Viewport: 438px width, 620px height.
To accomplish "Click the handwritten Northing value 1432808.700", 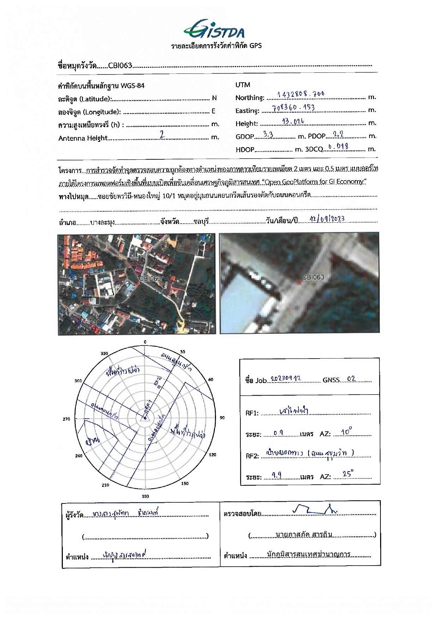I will (301, 94).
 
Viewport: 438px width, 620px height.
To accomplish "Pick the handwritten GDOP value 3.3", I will (269, 135).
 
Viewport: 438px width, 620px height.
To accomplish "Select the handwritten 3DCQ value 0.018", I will (338, 147).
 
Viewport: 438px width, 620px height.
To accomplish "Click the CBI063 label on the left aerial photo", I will (150, 278).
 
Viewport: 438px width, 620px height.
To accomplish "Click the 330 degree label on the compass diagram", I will (104, 354).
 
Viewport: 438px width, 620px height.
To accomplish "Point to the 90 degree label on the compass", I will (222, 418).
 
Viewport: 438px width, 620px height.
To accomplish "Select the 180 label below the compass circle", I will (145, 496).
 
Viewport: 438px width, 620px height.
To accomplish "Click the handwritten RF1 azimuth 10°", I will (346, 432).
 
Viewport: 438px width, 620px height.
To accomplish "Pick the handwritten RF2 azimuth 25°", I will (348, 474).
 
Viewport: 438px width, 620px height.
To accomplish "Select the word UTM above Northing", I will (242, 85).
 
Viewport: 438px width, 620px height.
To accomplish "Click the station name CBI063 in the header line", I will (120, 65).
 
